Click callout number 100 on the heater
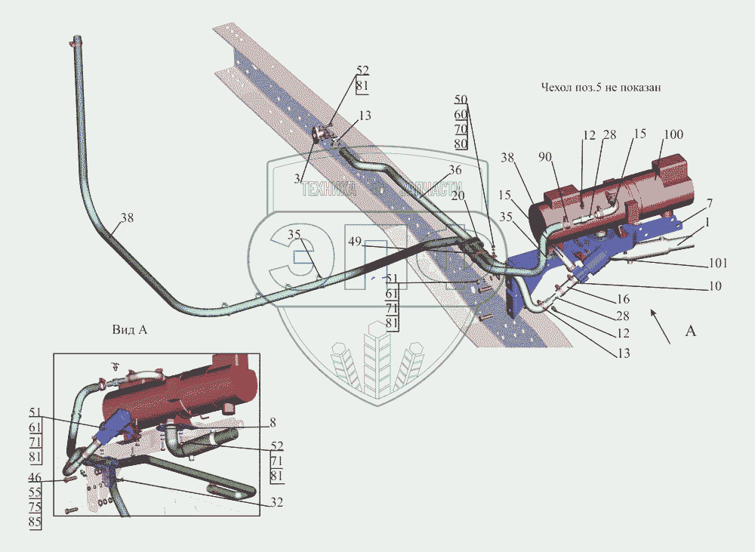[673, 134]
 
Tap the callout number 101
[718, 264]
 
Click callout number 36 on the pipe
[454, 170]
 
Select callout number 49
[356, 242]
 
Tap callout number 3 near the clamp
[297, 177]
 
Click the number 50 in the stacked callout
[461, 100]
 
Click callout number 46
[35, 478]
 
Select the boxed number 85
[35, 521]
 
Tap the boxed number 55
[35, 492]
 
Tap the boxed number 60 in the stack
[461, 114]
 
